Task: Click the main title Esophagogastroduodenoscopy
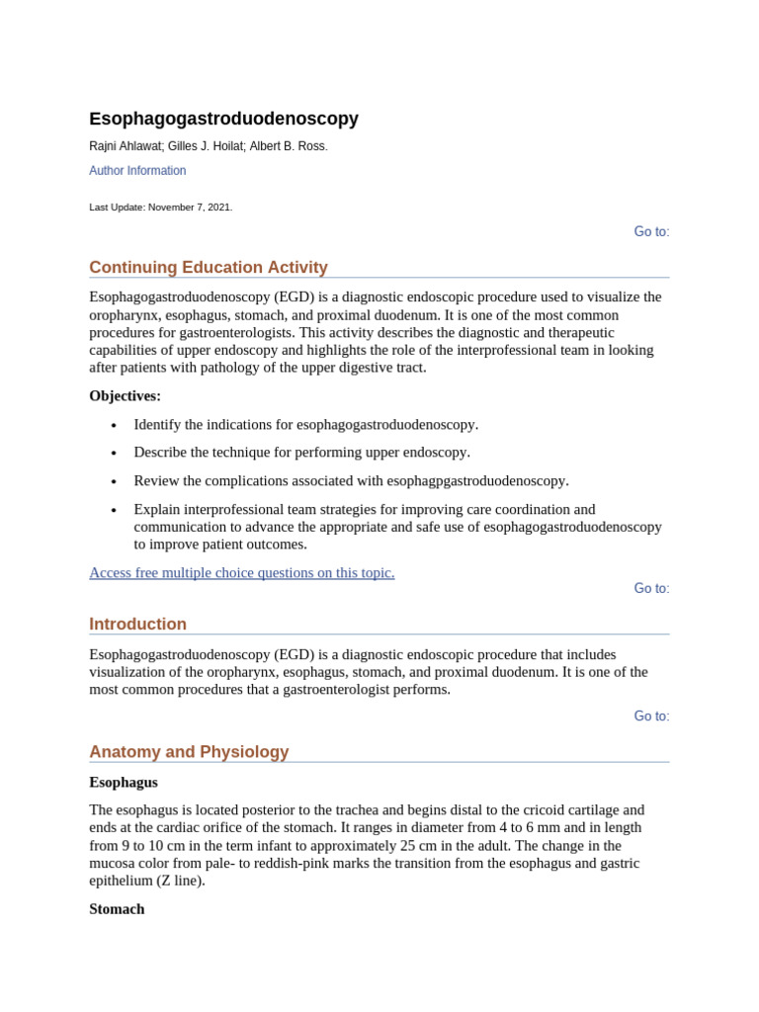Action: [x=223, y=119]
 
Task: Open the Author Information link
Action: [x=137, y=171]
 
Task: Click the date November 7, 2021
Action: [x=190, y=208]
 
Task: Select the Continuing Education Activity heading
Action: [x=209, y=268]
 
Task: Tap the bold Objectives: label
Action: [x=125, y=396]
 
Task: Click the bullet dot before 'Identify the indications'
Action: [x=114, y=425]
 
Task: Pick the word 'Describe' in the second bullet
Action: [x=161, y=453]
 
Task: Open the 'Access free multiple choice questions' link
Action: [x=242, y=573]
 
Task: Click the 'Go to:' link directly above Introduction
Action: [x=651, y=588]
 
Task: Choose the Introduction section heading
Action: [x=137, y=625]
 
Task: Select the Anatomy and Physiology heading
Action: [x=189, y=752]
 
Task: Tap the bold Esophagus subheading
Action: [x=124, y=782]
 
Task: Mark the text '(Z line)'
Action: [x=174, y=881]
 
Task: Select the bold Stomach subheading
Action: [x=117, y=909]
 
